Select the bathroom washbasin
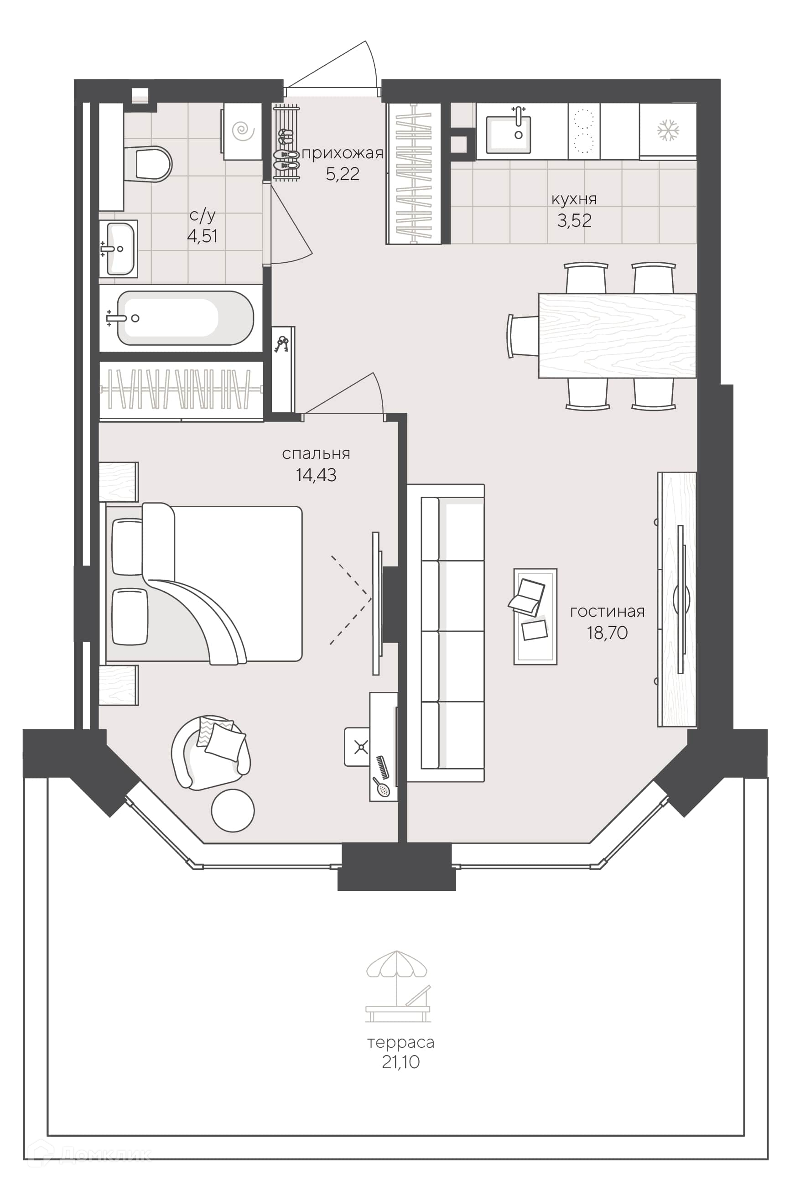click(119, 249)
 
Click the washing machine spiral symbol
click(243, 131)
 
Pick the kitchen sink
click(509, 134)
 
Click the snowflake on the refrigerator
click(668, 130)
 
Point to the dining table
click(617, 335)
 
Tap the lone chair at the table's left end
click(523, 336)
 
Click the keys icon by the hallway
click(281, 344)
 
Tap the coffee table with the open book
click(535, 616)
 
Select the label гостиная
click(608, 612)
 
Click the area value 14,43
click(316, 475)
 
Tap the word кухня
click(574, 199)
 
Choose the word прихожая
click(342, 153)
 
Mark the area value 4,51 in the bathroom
click(203, 236)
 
